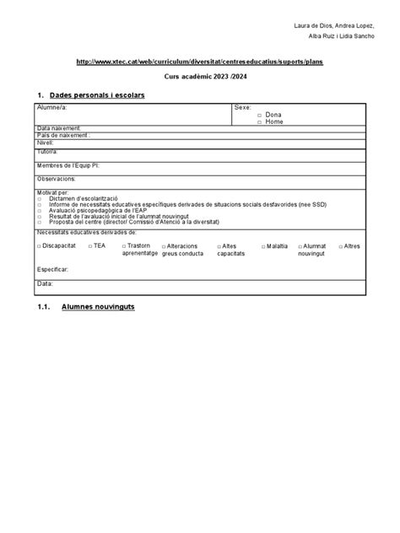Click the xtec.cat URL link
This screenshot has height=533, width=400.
coord(198,62)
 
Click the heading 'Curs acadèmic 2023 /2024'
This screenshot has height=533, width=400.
coord(199,77)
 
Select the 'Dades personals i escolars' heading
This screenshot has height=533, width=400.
coord(97,95)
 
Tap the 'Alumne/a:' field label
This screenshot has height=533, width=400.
coord(51,109)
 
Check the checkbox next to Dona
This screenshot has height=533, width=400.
coord(260,115)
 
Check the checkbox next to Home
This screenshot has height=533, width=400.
coord(260,121)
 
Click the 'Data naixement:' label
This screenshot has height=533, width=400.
coord(58,127)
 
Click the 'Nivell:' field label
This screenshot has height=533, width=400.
coord(46,143)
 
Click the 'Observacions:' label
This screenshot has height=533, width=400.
coord(57,179)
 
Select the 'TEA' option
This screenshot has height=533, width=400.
coord(99,245)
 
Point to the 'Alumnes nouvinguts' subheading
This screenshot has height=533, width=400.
coord(98,307)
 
